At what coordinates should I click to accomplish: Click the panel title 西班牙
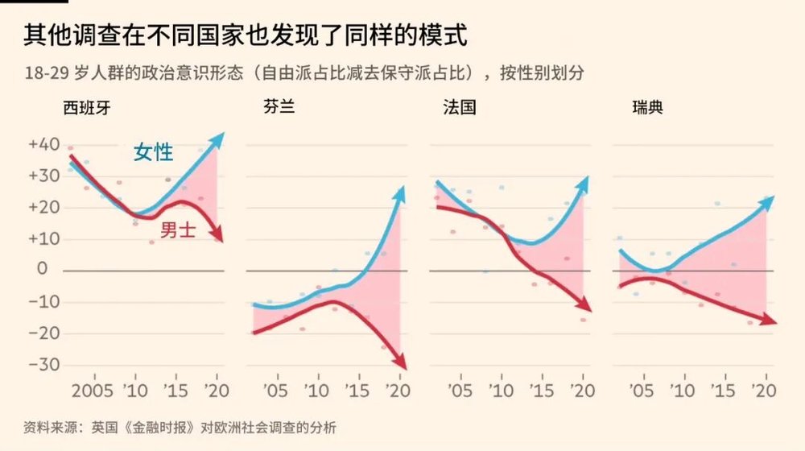86,107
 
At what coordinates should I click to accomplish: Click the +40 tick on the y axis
44,145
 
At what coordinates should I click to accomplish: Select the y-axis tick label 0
55,270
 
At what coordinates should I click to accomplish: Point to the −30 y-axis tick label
44,364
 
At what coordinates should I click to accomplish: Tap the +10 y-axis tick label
44,238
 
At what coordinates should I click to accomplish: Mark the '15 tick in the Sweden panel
724,391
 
